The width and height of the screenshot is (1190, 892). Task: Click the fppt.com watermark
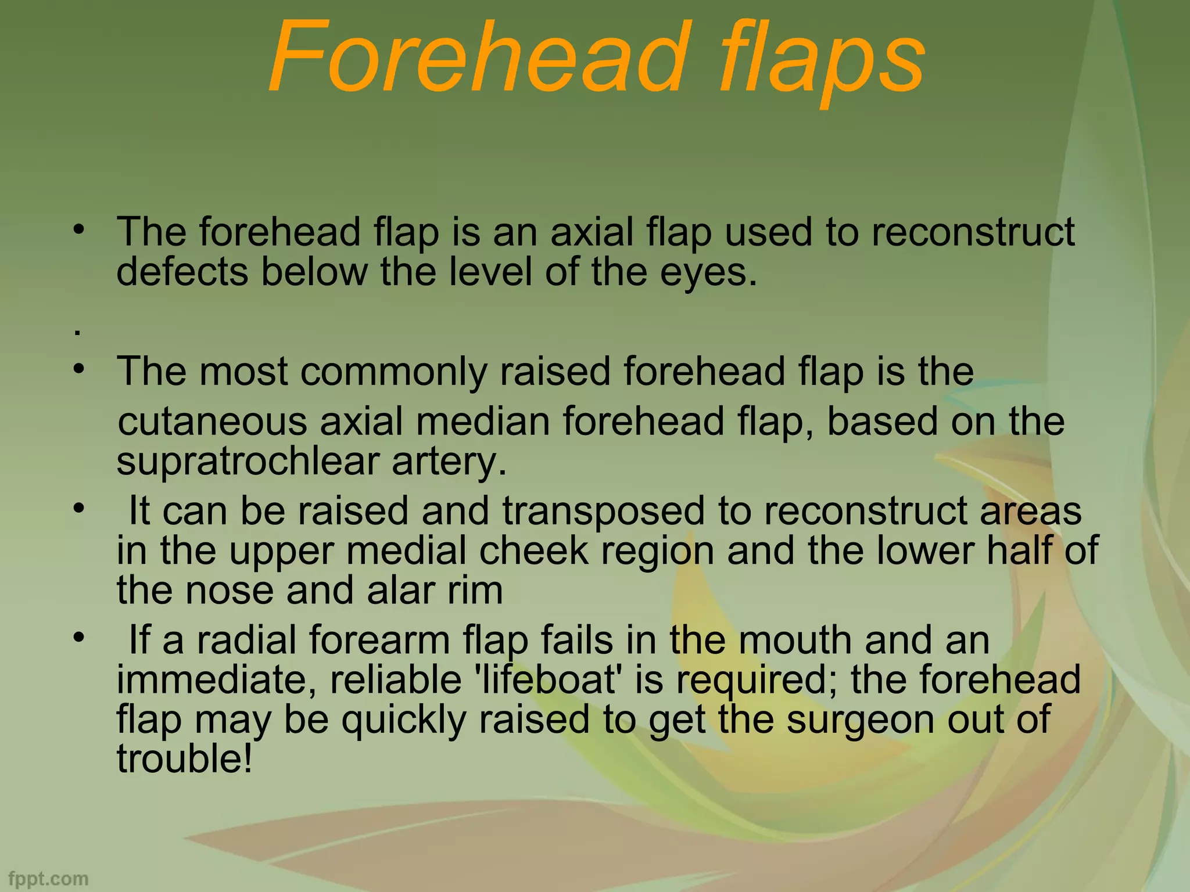49,879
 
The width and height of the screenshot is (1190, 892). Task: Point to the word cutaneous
212,422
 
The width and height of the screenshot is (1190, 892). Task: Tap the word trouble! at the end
185,758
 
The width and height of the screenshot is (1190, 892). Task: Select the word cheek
533,551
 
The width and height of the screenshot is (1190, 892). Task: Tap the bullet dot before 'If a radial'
78,637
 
